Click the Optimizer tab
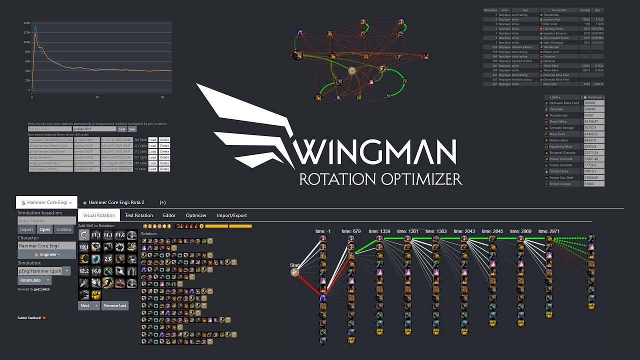(x=196, y=215)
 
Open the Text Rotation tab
(x=139, y=215)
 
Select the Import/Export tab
(x=231, y=215)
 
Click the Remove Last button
(x=115, y=305)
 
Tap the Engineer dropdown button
(x=47, y=254)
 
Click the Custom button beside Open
(x=63, y=229)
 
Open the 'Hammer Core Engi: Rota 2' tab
(x=116, y=202)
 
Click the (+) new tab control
(x=162, y=202)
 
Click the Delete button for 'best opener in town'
(x=164, y=169)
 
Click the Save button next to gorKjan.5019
(x=132, y=129)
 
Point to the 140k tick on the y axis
(x=27, y=23)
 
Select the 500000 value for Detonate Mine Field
(x=592, y=103)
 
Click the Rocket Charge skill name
(x=559, y=184)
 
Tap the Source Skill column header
(x=558, y=10)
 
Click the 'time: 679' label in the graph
(x=351, y=231)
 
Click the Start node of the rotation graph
(x=295, y=272)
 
